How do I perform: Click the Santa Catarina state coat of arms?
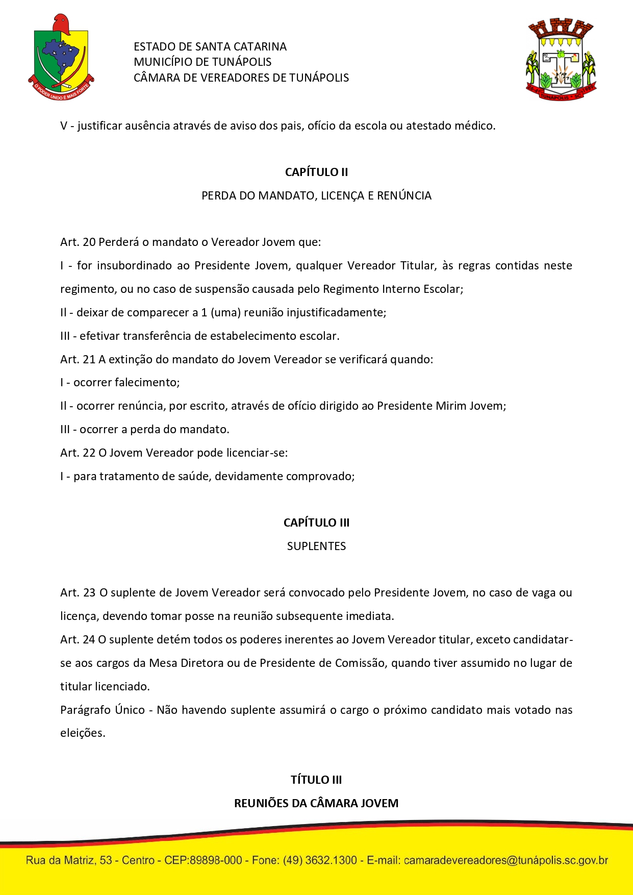(61, 57)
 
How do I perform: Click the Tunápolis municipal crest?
(561, 59)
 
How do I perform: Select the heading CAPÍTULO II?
(316, 172)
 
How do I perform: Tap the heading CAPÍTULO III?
(316, 523)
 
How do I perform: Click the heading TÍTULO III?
(316, 780)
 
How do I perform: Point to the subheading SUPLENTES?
(316, 546)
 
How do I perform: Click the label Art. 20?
(78, 242)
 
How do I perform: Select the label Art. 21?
(78, 359)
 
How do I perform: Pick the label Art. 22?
(78, 453)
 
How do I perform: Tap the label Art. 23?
(78, 592)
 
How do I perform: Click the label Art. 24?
(78, 639)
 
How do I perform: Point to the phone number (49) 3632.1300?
(320, 860)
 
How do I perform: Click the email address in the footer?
(505, 860)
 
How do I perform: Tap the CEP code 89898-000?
(215, 860)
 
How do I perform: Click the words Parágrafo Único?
(103, 710)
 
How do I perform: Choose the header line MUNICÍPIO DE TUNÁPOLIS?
(202, 62)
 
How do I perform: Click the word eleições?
(82, 733)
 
